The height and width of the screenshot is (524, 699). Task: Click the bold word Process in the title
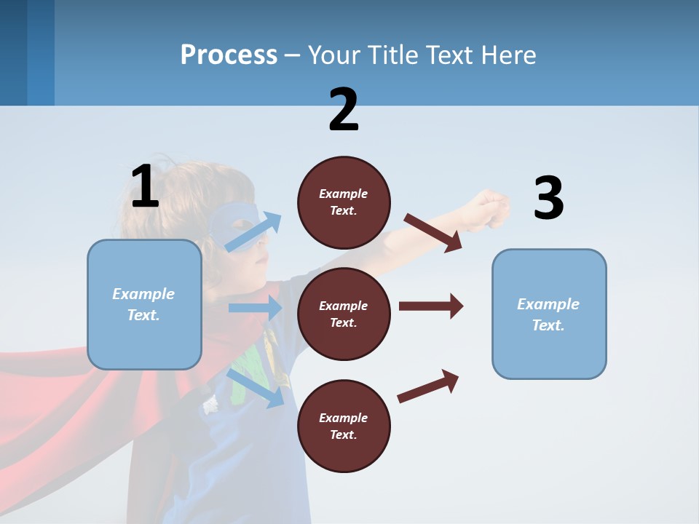pyautogui.click(x=229, y=55)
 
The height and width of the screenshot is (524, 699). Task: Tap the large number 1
pyautogui.click(x=145, y=186)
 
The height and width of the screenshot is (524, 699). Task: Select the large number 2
pyautogui.click(x=344, y=110)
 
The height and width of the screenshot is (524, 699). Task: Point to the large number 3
pyautogui.click(x=548, y=199)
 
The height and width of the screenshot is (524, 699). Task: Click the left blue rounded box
pyautogui.click(x=144, y=304)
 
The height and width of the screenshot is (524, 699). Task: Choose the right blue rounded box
pyautogui.click(x=549, y=314)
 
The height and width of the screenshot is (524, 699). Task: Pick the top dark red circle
pyautogui.click(x=344, y=202)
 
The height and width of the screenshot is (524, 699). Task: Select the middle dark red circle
pyautogui.click(x=344, y=314)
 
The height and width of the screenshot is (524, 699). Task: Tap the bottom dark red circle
pyautogui.click(x=344, y=426)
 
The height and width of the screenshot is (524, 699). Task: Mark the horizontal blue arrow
pyautogui.click(x=255, y=308)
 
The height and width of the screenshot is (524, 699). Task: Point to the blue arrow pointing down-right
pyautogui.click(x=256, y=387)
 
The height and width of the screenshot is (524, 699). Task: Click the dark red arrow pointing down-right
pyautogui.click(x=433, y=232)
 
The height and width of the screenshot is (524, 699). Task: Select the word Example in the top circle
pyautogui.click(x=344, y=194)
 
